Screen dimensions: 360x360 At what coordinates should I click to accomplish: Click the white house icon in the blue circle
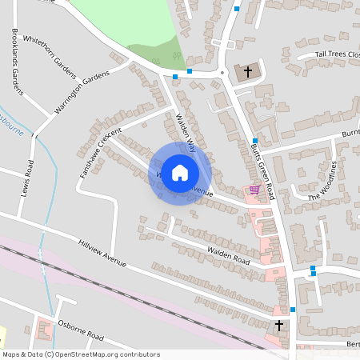180,173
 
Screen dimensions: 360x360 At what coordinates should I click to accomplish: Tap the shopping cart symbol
254,190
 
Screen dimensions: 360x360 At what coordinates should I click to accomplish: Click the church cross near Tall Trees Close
248,72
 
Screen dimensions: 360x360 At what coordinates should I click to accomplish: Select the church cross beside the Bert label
278,325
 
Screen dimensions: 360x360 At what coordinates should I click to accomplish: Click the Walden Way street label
186,132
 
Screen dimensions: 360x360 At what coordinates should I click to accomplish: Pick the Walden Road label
229,256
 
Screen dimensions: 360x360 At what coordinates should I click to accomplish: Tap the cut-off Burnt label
350,134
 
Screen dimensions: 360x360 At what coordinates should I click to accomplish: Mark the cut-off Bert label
352,344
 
